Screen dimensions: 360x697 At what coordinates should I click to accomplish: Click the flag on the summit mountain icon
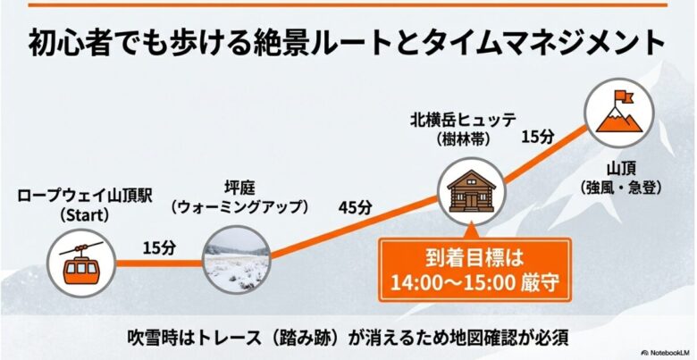[x=620, y=98]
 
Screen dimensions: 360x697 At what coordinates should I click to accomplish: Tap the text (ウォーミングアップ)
[x=239, y=206]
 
